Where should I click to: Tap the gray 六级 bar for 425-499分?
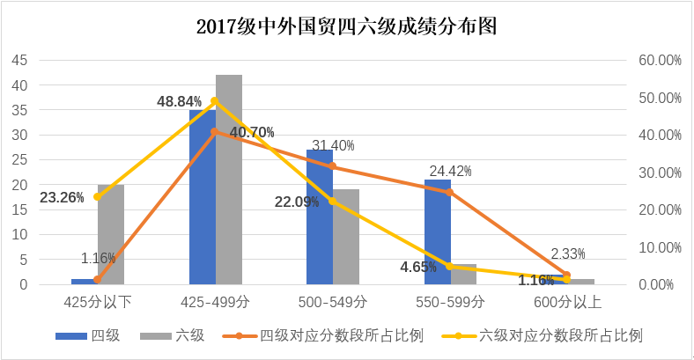[229, 180]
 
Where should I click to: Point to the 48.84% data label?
[180, 101]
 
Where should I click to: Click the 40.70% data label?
[252, 133]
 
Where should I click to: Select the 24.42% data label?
[450, 172]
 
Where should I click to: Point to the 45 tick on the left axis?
[20, 61]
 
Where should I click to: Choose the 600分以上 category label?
[568, 303]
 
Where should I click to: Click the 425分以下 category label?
[99, 303]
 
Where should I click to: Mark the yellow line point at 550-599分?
[449, 267]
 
